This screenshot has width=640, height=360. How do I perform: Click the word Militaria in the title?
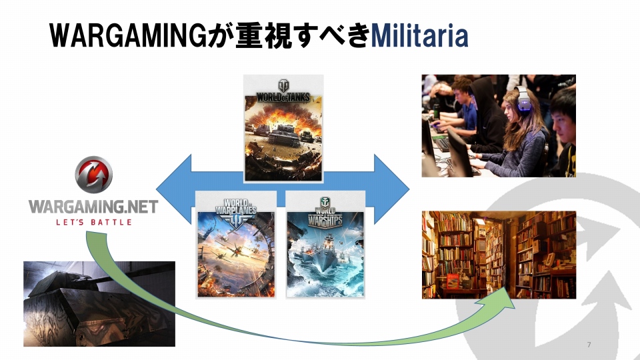[419, 35]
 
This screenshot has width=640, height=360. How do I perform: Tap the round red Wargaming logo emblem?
[93, 174]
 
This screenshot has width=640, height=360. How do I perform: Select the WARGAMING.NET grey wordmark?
[93, 207]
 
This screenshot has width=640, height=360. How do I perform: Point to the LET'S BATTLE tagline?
[94, 223]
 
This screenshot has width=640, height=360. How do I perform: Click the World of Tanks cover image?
[283, 128]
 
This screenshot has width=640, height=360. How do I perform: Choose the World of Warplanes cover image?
[236, 245]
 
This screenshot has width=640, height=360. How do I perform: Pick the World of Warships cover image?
[325, 245]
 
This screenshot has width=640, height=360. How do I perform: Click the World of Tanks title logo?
[283, 91]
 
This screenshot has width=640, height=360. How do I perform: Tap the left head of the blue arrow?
[173, 189]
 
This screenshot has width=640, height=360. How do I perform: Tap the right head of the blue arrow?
[391, 189]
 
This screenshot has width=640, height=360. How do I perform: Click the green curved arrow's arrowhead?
[500, 299]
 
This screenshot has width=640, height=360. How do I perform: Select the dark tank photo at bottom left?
[99, 304]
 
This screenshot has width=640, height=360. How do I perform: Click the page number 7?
[589, 345]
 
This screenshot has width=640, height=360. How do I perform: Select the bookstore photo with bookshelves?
[499, 255]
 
